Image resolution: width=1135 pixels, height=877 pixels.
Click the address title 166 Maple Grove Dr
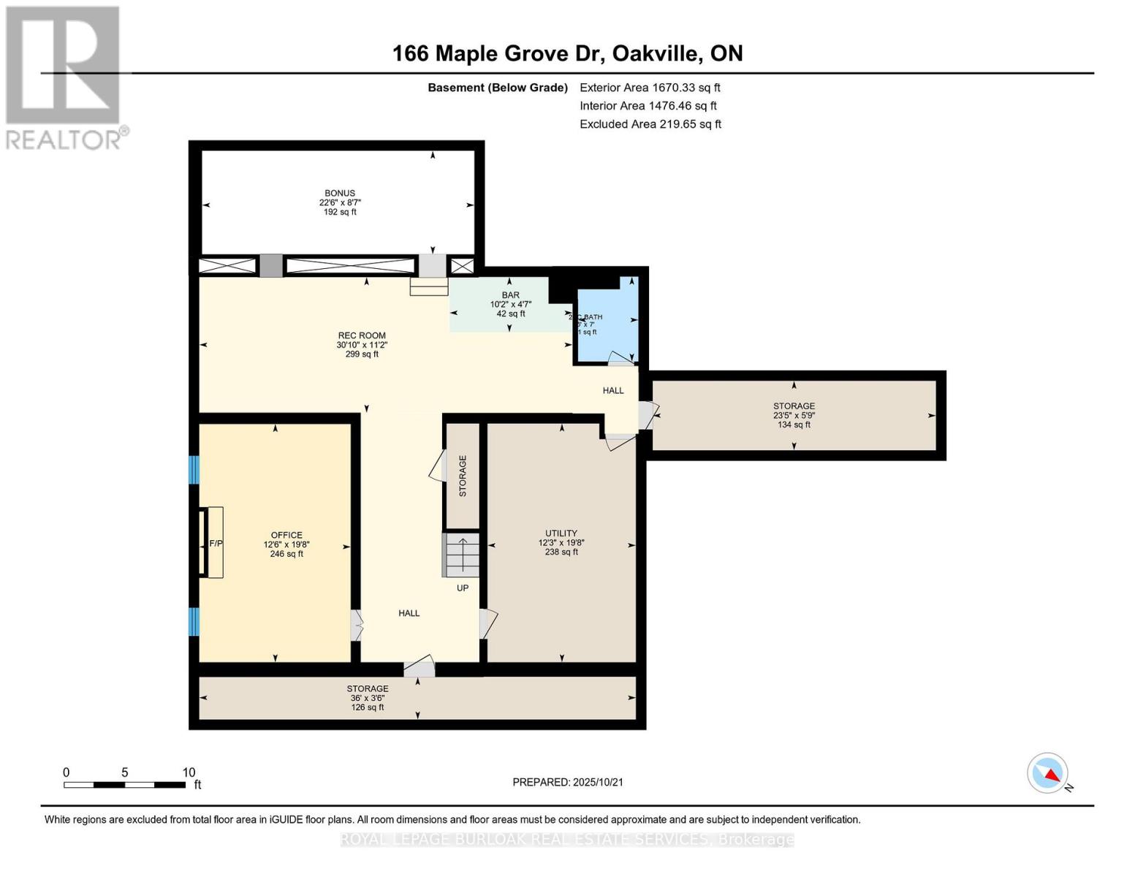(x=567, y=53)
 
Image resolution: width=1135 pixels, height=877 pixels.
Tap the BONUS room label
(x=340, y=194)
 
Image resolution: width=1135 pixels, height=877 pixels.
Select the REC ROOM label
(x=361, y=336)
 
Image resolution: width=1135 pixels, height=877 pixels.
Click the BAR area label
(x=510, y=295)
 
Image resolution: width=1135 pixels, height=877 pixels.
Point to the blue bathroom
(x=607, y=322)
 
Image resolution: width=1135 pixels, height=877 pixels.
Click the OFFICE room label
(x=286, y=535)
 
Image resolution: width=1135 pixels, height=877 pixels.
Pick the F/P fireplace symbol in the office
(x=215, y=543)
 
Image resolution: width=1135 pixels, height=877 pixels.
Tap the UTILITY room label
(x=561, y=534)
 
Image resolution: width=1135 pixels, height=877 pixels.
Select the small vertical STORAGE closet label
(x=463, y=476)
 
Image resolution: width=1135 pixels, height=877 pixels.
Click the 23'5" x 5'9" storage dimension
(x=794, y=415)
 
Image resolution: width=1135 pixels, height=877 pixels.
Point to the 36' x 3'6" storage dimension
(x=368, y=698)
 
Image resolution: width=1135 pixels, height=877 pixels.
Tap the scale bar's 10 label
(x=189, y=772)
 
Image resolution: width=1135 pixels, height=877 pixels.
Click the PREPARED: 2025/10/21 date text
(x=567, y=782)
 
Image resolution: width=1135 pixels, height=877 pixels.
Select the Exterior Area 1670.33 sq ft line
(x=650, y=88)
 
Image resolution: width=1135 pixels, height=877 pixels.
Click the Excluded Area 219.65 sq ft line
(x=650, y=124)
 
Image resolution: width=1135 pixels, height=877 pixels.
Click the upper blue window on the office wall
(x=194, y=470)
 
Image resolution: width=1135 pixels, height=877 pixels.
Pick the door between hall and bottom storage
(x=420, y=667)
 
